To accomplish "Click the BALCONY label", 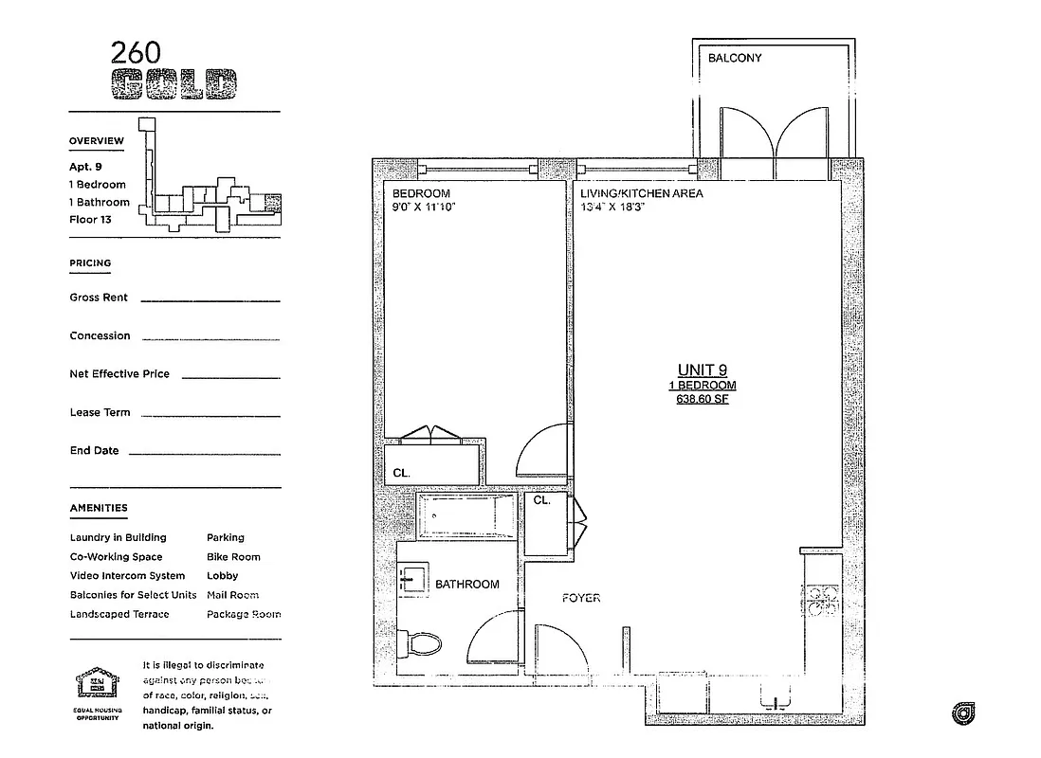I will [x=735, y=58].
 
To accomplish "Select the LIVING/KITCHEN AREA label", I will [x=642, y=193].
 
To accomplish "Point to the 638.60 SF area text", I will [x=703, y=399].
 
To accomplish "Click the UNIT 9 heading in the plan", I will [x=703, y=370].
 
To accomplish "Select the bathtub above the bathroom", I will [x=467, y=515].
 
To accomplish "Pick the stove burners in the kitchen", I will [x=820, y=601].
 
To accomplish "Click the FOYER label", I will [x=581, y=598].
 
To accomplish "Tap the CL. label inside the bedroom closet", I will [x=401, y=472].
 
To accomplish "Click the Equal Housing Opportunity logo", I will [x=99, y=689].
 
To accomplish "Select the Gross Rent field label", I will [x=99, y=298].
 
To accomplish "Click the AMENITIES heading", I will [x=99, y=509].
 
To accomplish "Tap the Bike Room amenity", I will [x=233, y=557].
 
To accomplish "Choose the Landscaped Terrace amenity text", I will [x=119, y=614].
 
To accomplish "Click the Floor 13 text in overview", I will [x=91, y=219].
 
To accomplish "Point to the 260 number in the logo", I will [x=135, y=52].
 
